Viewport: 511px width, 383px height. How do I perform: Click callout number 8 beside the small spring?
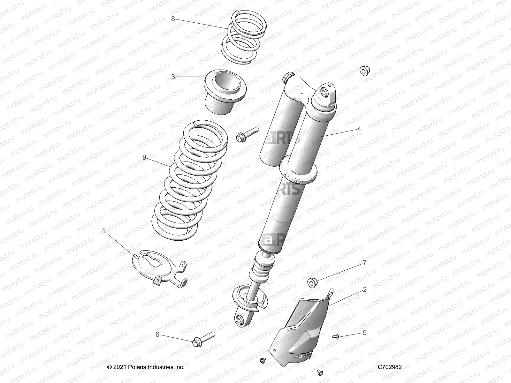click(173, 19)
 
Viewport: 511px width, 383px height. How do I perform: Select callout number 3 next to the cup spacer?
click(173, 77)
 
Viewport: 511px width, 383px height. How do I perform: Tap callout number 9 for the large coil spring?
click(144, 157)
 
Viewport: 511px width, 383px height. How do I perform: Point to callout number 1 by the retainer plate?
click(103, 230)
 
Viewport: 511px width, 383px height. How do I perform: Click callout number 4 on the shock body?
click(359, 129)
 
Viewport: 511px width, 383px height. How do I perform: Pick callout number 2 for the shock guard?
click(364, 290)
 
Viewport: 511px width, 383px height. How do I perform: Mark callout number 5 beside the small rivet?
click(364, 333)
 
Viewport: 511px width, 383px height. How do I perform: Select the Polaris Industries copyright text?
click(146, 367)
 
